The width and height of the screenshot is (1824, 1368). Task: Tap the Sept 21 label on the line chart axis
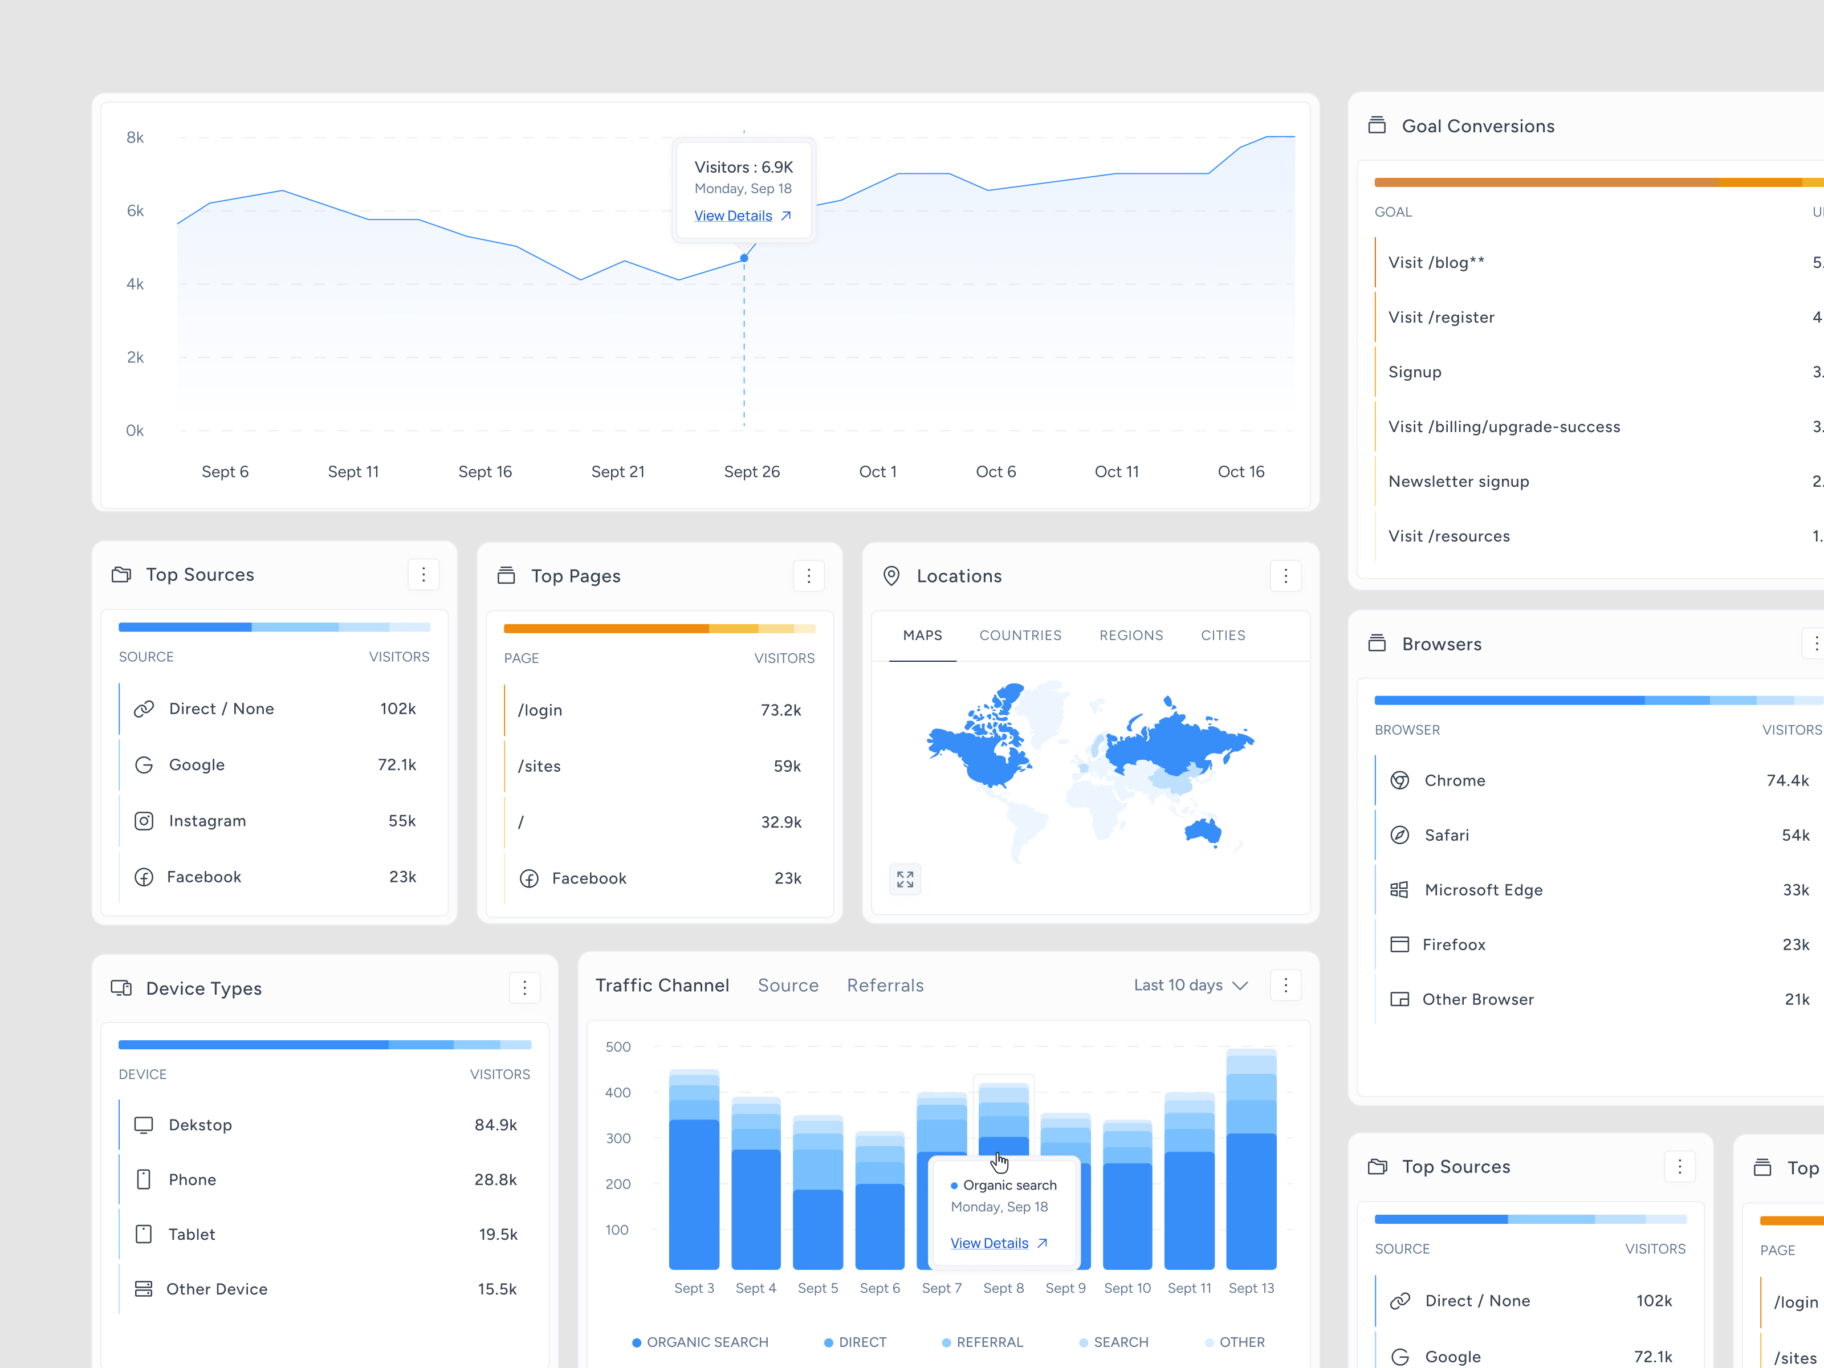[618, 471]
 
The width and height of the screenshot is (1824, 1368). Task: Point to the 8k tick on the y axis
[135, 138]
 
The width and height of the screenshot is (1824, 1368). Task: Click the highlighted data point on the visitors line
[744, 258]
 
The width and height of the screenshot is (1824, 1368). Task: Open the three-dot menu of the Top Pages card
[808, 576]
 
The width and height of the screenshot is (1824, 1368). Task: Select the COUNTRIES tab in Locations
[1020, 635]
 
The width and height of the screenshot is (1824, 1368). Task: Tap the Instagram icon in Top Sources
[144, 820]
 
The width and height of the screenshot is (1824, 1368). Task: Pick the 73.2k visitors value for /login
[780, 710]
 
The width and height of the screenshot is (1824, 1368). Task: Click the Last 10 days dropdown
[1190, 986]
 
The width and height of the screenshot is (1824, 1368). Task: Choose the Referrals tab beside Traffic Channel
[885, 986]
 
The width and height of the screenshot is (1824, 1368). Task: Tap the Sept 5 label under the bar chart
[817, 1288]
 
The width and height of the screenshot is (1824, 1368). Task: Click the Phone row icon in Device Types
[144, 1179]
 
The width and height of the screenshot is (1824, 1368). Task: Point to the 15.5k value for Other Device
[497, 1289]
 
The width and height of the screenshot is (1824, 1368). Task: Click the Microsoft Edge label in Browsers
[1483, 890]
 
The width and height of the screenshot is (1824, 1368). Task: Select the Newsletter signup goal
[1458, 482]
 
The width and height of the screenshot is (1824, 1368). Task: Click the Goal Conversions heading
[1477, 126]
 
